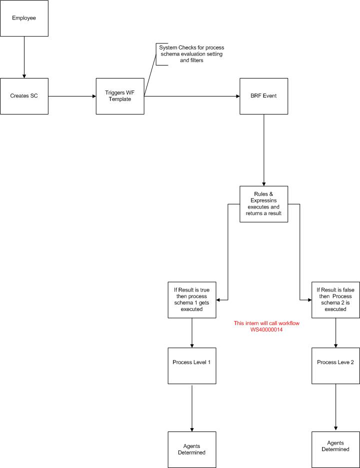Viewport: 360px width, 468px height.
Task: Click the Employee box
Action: click(24, 18)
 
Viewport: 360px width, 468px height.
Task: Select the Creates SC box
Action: click(24, 96)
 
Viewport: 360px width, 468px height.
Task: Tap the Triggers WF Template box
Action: click(120, 96)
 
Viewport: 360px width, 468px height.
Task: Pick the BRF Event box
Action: click(263, 96)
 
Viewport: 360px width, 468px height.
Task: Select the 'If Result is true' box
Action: click(192, 299)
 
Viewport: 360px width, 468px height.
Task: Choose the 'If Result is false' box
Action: click(335, 299)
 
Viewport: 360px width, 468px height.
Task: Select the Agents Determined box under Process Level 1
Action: click(192, 449)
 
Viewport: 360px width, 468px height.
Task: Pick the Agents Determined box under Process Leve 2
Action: click(335, 446)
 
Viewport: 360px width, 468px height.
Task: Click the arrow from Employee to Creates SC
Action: click(24, 57)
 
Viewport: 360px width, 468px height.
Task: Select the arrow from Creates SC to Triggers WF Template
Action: click(72, 96)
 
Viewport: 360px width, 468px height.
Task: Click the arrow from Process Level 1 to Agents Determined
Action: click(192, 407)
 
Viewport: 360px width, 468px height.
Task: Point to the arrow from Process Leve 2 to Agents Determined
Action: click(335, 405)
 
